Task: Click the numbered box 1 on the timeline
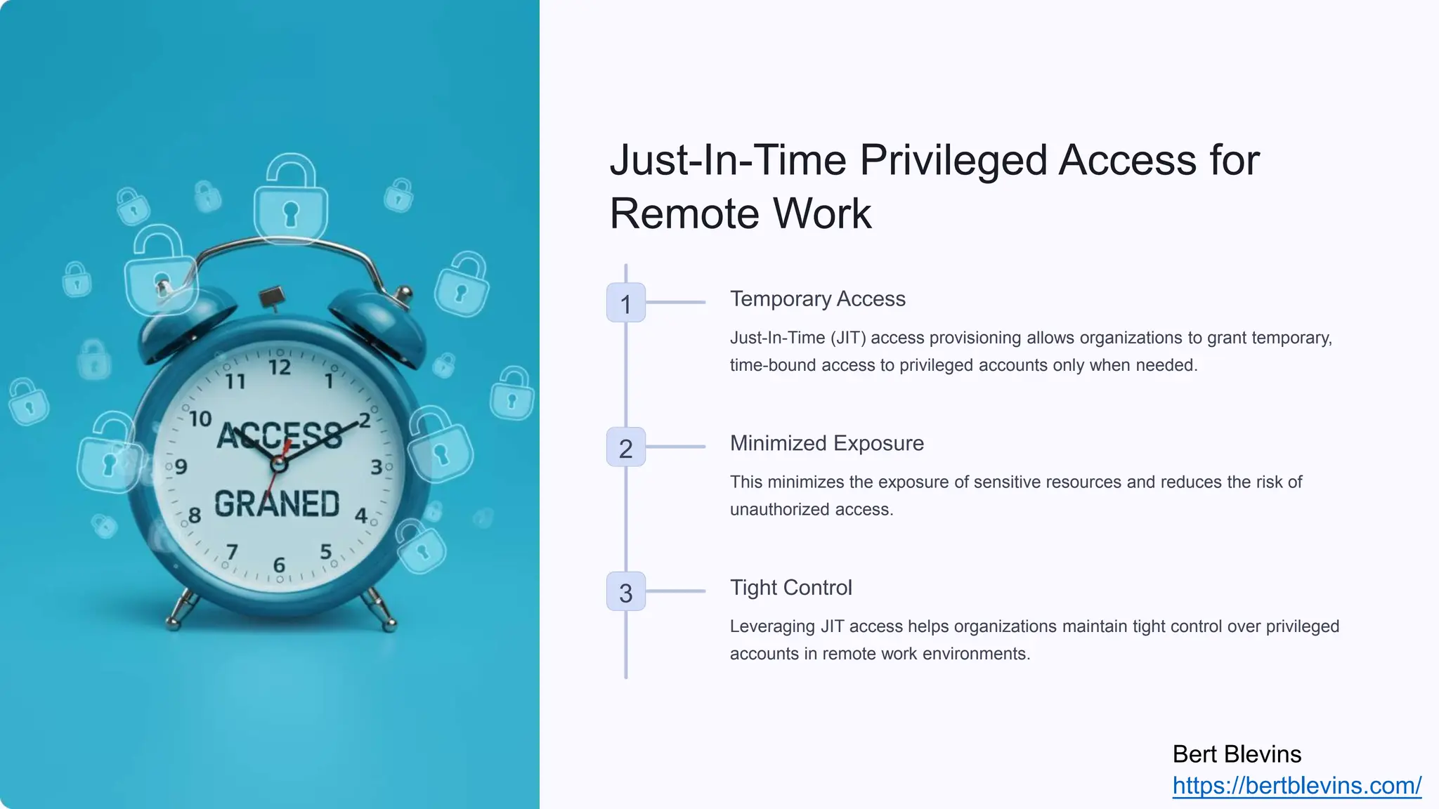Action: point(625,303)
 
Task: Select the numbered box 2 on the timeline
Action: point(625,447)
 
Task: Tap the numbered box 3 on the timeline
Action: point(625,592)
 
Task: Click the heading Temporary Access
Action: point(817,298)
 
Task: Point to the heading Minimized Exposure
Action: point(826,443)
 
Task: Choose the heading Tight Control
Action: point(790,588)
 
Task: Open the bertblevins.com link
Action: point(1296,785)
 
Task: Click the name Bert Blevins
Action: point(1237,754)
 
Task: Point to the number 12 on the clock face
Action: point(280,367)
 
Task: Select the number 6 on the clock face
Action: point(279,565)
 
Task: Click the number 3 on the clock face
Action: point(377,467)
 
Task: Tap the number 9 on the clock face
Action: point(181,467)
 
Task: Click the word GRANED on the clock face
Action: point(277,504)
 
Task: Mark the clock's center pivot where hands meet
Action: point(279,464)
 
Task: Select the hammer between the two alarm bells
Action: point(272,298)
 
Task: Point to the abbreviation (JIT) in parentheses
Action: point(848,338)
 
